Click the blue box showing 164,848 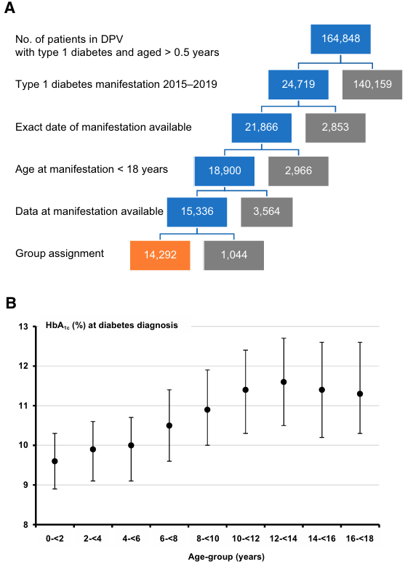pyautogui.click(x=340, y=39)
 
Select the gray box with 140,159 pyautogui.click(x=372, y=84)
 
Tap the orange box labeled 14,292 pyautogui.click(x=160, y=255)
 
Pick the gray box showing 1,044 pyautogui.click(x=234, y=255)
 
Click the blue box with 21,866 pyautogui.click(x=262, y=128)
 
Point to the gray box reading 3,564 pyautogui.click(x=267, y=212)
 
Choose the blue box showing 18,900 pyautogui.click(x=225, y=171)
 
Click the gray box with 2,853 pyautogui.click(x=335, y=128)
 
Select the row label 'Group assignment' pyautogui.click(x=60, y=253)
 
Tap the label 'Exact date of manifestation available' pyautogui.click(x=103, y=127)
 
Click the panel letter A pyautogui.click(x=9, y=7)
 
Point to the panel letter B pyautogui.click(x=11, y=303)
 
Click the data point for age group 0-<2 pyautogui.click(x=55, y=461)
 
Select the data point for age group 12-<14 pyautogui.click(x=284, y=382)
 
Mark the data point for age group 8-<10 pyautogui.click(x=207, y=409)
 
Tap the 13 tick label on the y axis pyautogui.click(x=23, y=327)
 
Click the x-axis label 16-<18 pyautogui.click(x=360, y=539)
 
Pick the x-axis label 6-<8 pyautogui.click(x=169, y=539)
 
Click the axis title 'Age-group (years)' pyautogui.click(x=226, y=557)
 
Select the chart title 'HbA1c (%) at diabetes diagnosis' pyautogui.click(x=112, y=325)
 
